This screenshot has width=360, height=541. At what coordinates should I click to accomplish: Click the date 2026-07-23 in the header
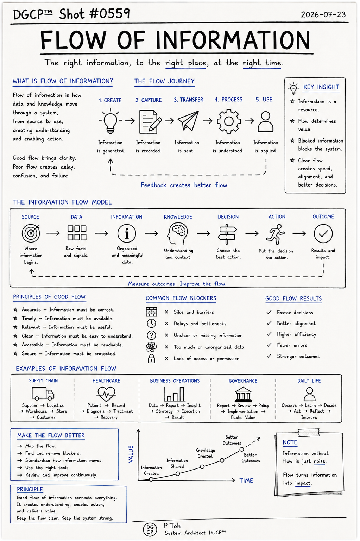point(323,14)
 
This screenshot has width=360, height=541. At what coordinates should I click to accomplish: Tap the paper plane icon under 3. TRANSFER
point(188,120)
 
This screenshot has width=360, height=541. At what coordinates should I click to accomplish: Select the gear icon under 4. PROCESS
point(228,121)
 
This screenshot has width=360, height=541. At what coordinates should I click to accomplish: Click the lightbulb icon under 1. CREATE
point(110,121)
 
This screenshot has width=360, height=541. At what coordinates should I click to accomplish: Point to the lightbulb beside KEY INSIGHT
point(293,88)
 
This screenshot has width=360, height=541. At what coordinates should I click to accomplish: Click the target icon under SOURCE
point(31,233)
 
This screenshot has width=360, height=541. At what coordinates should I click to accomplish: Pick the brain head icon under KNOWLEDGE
point(177,234)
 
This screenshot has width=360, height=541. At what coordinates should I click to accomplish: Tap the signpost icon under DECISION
point(227,234)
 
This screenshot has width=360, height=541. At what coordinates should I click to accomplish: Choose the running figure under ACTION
point(276,234)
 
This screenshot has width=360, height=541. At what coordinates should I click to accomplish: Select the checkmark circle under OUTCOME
point(323,234)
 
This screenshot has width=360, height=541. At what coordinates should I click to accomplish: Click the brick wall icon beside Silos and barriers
point(151,312)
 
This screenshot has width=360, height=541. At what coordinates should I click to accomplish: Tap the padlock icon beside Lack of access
point(151,359)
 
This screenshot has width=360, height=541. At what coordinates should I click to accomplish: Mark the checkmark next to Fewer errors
point(269,345)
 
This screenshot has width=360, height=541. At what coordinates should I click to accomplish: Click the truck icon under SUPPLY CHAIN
point(43,393)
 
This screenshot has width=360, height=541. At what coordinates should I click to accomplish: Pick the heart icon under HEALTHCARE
point(106,394)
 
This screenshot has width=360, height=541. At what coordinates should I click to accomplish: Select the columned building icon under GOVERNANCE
point(243,394)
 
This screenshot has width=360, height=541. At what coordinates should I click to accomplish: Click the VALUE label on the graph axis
point(131,454)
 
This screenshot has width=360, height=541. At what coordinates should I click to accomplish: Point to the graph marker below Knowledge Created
point(202,467)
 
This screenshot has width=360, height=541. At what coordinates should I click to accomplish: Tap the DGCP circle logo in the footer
point(150,530)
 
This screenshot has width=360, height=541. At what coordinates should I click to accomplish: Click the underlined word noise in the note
point(320,461)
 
